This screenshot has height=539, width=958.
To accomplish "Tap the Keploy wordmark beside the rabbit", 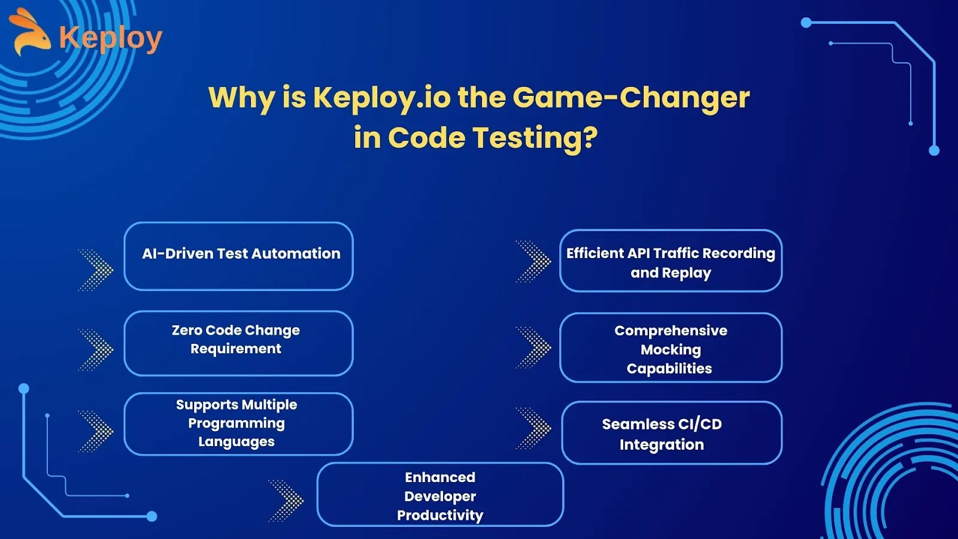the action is [111, 38].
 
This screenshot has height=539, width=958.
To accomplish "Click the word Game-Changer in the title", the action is [631, 98].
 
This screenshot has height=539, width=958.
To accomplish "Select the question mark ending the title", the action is [590, 137].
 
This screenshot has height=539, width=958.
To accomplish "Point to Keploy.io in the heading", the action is [382, 98].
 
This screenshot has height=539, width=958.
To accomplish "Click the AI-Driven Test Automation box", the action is [239, 256].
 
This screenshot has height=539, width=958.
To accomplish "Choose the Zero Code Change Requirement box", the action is [239, 344].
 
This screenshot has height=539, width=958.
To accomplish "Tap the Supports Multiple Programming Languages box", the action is [239, 424].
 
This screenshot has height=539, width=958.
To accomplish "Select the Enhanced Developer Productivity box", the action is [441, 495].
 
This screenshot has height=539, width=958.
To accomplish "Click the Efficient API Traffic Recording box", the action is [671, 261].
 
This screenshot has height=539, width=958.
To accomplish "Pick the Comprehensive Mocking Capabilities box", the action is [671, 348].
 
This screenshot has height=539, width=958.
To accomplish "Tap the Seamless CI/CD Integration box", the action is [672, 433].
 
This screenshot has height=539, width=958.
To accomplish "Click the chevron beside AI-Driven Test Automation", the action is [96, 270].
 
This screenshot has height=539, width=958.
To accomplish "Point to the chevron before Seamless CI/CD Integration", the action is [534, 428].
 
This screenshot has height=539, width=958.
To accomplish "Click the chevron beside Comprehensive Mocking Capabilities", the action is [534, 347].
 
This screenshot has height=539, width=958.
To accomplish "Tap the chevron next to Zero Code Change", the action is [96, 350].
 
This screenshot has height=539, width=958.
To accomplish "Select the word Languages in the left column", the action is [237, 442].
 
